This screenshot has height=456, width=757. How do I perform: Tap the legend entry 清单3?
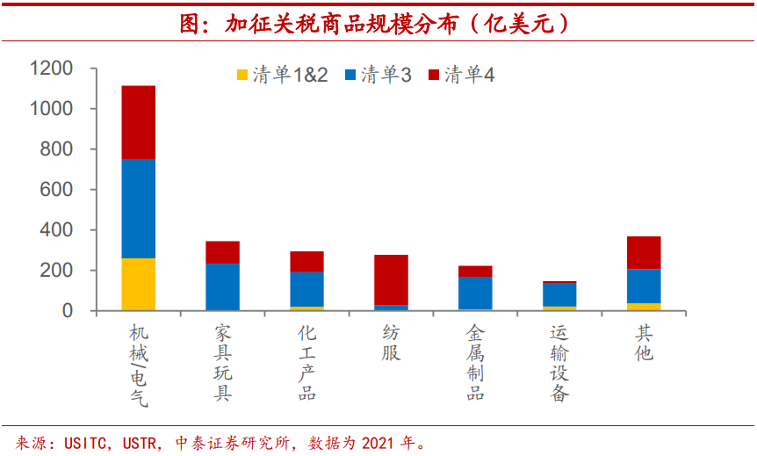pos(377,76)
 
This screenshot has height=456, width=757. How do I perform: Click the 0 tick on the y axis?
pos(67,311)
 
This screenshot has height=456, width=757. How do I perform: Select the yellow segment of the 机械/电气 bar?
pos(138,284)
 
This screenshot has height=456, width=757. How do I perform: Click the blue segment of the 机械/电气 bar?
pos(138,208)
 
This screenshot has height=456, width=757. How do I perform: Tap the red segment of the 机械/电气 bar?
pos(138,122)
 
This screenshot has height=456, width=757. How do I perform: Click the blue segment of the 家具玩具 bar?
pos(222,286)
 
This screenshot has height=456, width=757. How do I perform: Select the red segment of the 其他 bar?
pos(644,253)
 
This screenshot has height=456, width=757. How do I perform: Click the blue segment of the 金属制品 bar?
pos(475,293)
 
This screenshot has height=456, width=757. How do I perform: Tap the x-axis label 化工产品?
pos(306,363)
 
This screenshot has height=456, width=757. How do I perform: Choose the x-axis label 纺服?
pos(391,344)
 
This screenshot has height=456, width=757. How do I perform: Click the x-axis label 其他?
pos(644,344)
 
